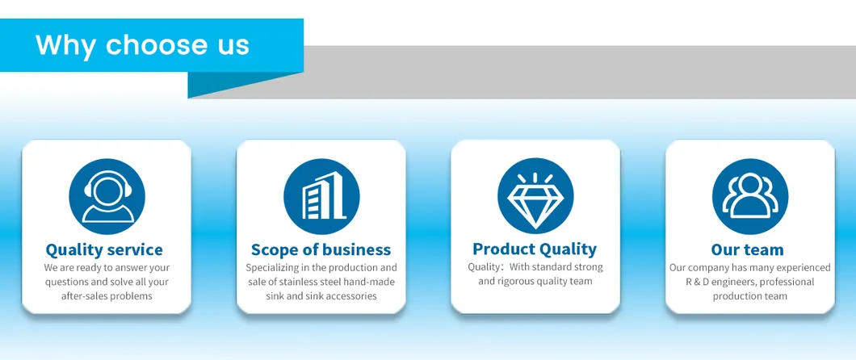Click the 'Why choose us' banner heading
(142, 44)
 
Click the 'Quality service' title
(104, 250)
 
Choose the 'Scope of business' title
(321, 250)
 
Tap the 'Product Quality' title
(535, 249)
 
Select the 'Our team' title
(747, 250)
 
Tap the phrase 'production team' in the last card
(749, 296)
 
